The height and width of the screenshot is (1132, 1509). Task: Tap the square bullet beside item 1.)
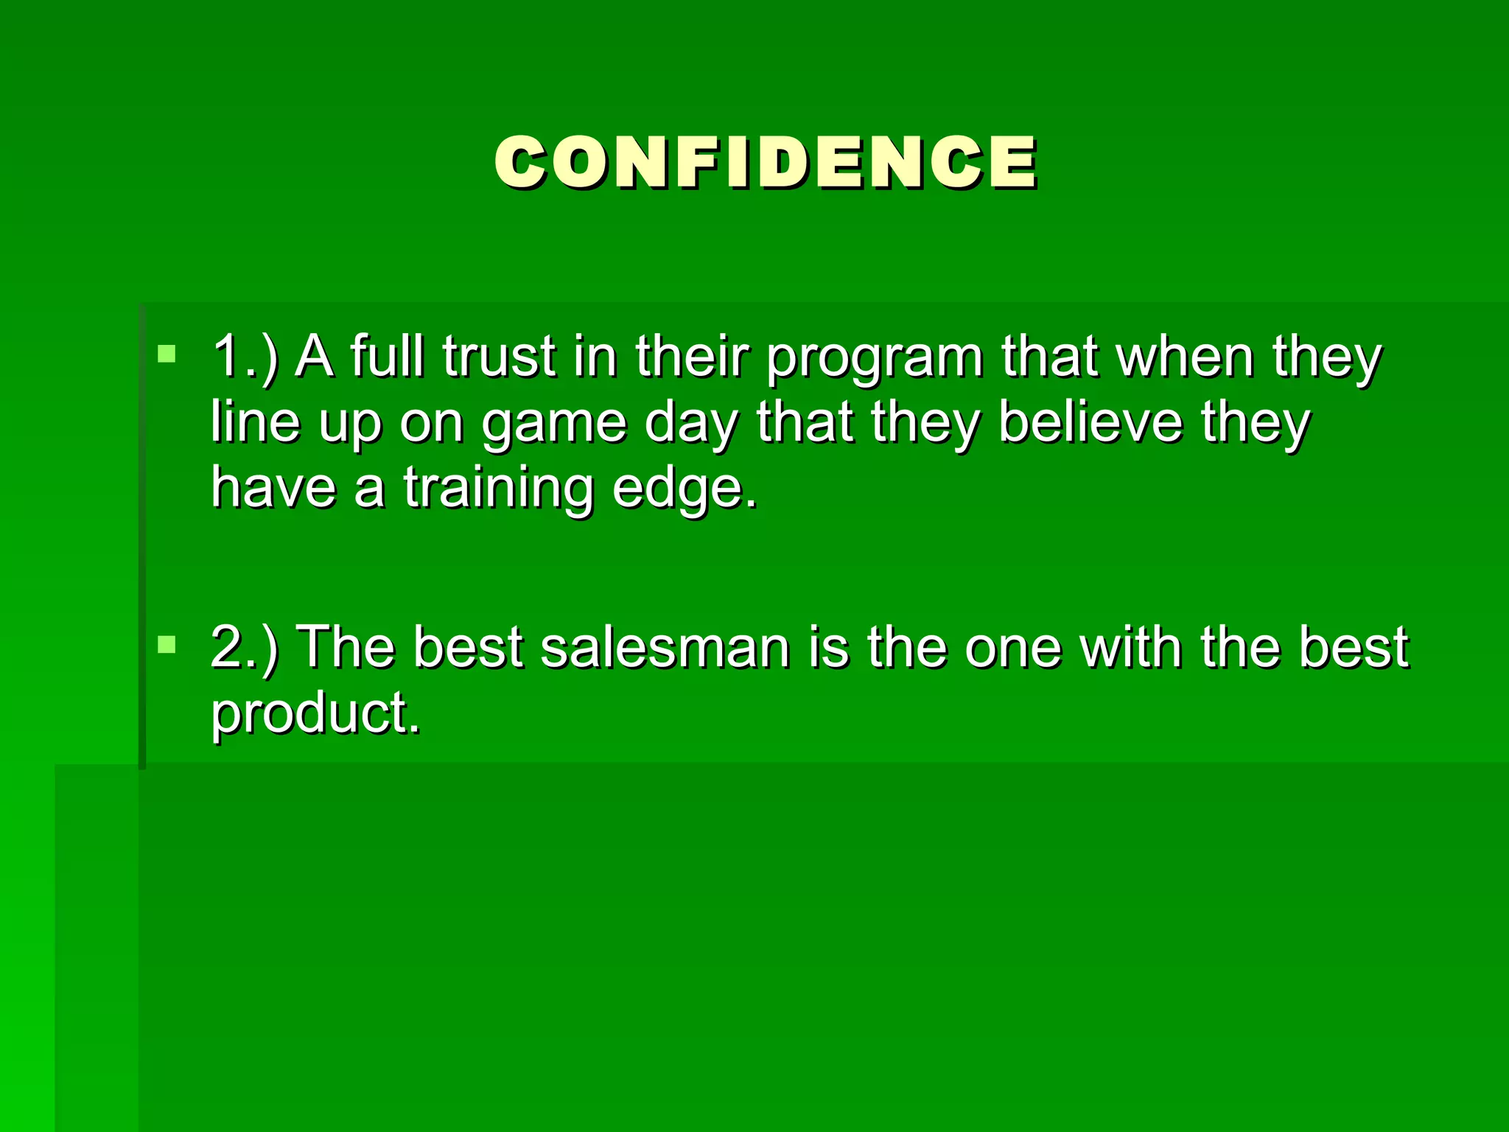click(167, 354)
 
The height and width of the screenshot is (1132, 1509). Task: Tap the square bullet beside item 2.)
click(167, 646)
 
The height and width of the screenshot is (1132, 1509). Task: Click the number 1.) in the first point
click(245, 357)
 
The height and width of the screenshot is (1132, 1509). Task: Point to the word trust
click(499, 356)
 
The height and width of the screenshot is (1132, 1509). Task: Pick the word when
click(1185, 356)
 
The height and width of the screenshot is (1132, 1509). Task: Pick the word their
click(692, 356)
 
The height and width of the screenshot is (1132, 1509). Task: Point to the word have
click(273, 487)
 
